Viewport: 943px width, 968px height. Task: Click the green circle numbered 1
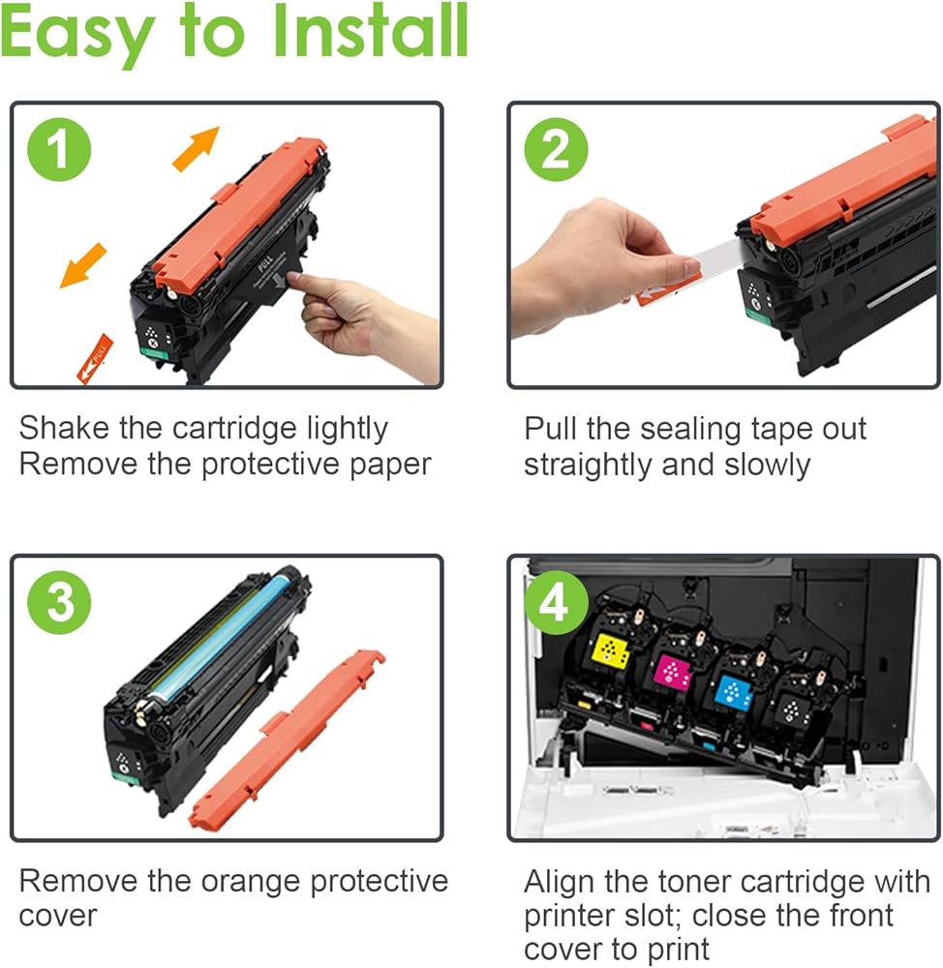(x=59, y=149)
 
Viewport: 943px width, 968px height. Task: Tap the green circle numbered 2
(x=556, y=149)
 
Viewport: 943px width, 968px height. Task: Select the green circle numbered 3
(x=59, y=602)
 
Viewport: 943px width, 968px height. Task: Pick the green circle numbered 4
(x=556, y=602)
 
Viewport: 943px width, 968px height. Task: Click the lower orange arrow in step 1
(x=83, y=265)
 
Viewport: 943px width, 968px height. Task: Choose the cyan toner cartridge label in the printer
(x=733, y=691)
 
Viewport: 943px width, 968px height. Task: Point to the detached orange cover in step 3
(x=286, y=740)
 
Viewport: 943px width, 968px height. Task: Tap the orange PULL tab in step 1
(x=95, y=359)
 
